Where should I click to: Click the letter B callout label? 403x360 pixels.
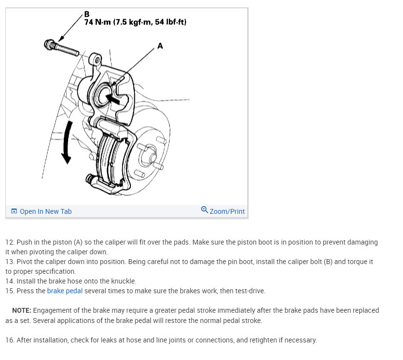pyautogui.click(x=87, y=14)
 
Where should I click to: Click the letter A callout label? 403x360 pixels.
pyautogui.click(x=160, y=46)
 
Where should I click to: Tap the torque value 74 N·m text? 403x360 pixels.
pyautogui.click(x=97, y=22)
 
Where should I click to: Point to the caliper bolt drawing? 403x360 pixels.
pyautogui.click(x=61, y=48)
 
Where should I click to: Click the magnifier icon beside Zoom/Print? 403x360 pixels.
pyautogui.click(x=204, y=210)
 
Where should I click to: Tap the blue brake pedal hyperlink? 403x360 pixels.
pyautogui.click(x=65, y=291)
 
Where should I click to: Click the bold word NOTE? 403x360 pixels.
pyautogui.click(x=21, y=310)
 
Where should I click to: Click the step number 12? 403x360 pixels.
pyautogui.click(x=10, y=243)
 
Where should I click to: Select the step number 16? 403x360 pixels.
pyautogui.click(x=10, y=340)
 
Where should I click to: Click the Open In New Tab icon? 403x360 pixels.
pyautogui.click(x=14, y=211)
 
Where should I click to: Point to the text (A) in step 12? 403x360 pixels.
pyautogui.click(x=78, y=243)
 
